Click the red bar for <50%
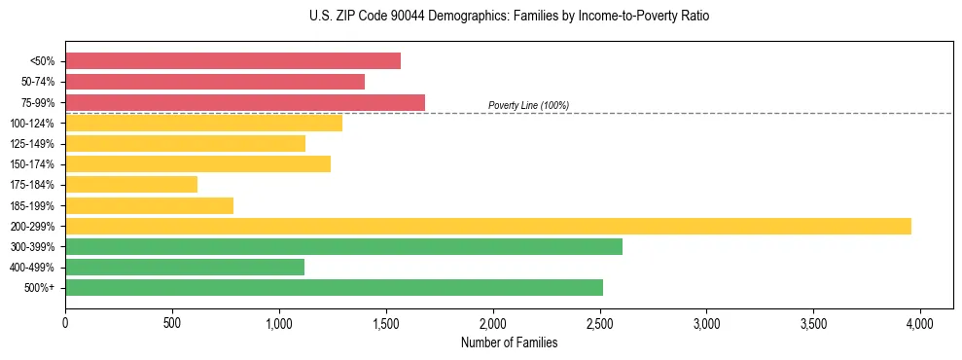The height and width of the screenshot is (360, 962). pos(232,60)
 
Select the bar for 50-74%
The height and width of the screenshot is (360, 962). pos(215,82)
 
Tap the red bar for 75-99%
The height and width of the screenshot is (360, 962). pos(245,102)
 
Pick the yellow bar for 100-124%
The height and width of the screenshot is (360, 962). pos(203,123)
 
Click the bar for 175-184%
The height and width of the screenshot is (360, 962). pos(131,184)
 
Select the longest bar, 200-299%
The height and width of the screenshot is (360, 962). pos(488,226)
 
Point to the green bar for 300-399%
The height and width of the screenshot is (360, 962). pos(343,246)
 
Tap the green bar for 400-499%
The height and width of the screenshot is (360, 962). pos(185,267)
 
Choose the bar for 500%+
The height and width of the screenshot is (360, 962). pos(334,287)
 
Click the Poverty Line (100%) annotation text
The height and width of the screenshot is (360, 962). pos(528,105)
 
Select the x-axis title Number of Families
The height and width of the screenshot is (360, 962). pos(510,342)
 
